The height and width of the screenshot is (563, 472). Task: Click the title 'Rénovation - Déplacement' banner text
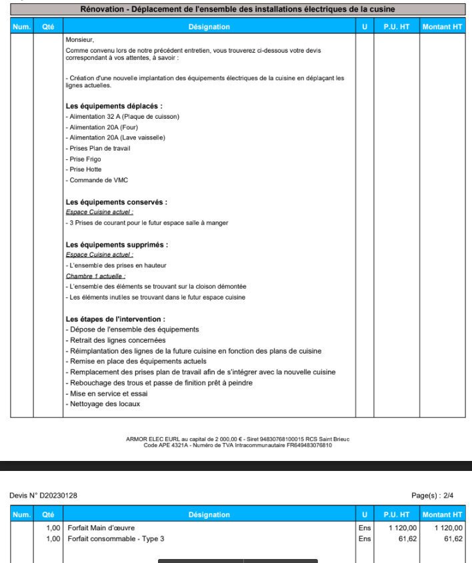pyautogui.click(x=237, y=9)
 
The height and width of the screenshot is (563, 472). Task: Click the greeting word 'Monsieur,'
pyautogui.click(x=80, y=40)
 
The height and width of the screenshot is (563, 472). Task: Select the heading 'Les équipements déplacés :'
pyautogui.click(x=114, y=106)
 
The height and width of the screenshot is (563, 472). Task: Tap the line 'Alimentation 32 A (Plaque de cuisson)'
pyautogui.click(x=123, y=117)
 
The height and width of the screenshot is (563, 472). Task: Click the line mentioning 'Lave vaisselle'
pyautogui.click(x=115, y=137)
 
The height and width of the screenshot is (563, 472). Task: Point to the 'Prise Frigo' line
pyautogui.click(x=83, y=159)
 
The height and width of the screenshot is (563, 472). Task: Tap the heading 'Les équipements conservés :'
pyautogui.click(x=116, y=202)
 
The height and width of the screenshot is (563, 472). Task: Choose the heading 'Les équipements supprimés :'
pyautogui.click(x=117, y=245)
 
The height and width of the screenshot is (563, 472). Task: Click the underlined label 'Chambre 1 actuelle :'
pyautogui.click(x=96, y=275)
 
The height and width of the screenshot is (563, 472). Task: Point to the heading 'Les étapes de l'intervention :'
pyautogui.click(x=115, y=319)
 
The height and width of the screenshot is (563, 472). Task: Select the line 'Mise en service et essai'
pyautogui.click(x=107, y=394)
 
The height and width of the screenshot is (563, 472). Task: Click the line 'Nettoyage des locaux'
pyautogui.click(x=103, y=404)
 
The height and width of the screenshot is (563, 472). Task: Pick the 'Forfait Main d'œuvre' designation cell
pyautogui.click(x=101, y=528)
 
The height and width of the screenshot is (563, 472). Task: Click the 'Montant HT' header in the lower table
pyautogui.click(x=442, y=515)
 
